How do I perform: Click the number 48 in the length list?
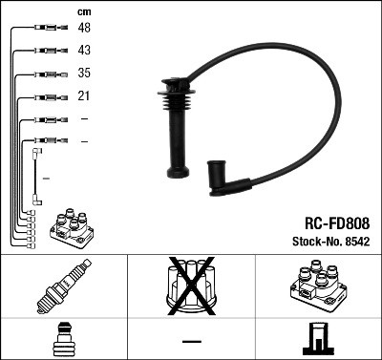point(84,29)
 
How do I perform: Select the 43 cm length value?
point(84,51)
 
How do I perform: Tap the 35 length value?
point(84,73)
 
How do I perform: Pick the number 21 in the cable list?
point(83,95)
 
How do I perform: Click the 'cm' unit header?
point(83,11)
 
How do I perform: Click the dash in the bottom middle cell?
point(191,341)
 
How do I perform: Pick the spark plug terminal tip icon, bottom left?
point(63,339)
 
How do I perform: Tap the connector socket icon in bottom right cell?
point(318,339)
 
